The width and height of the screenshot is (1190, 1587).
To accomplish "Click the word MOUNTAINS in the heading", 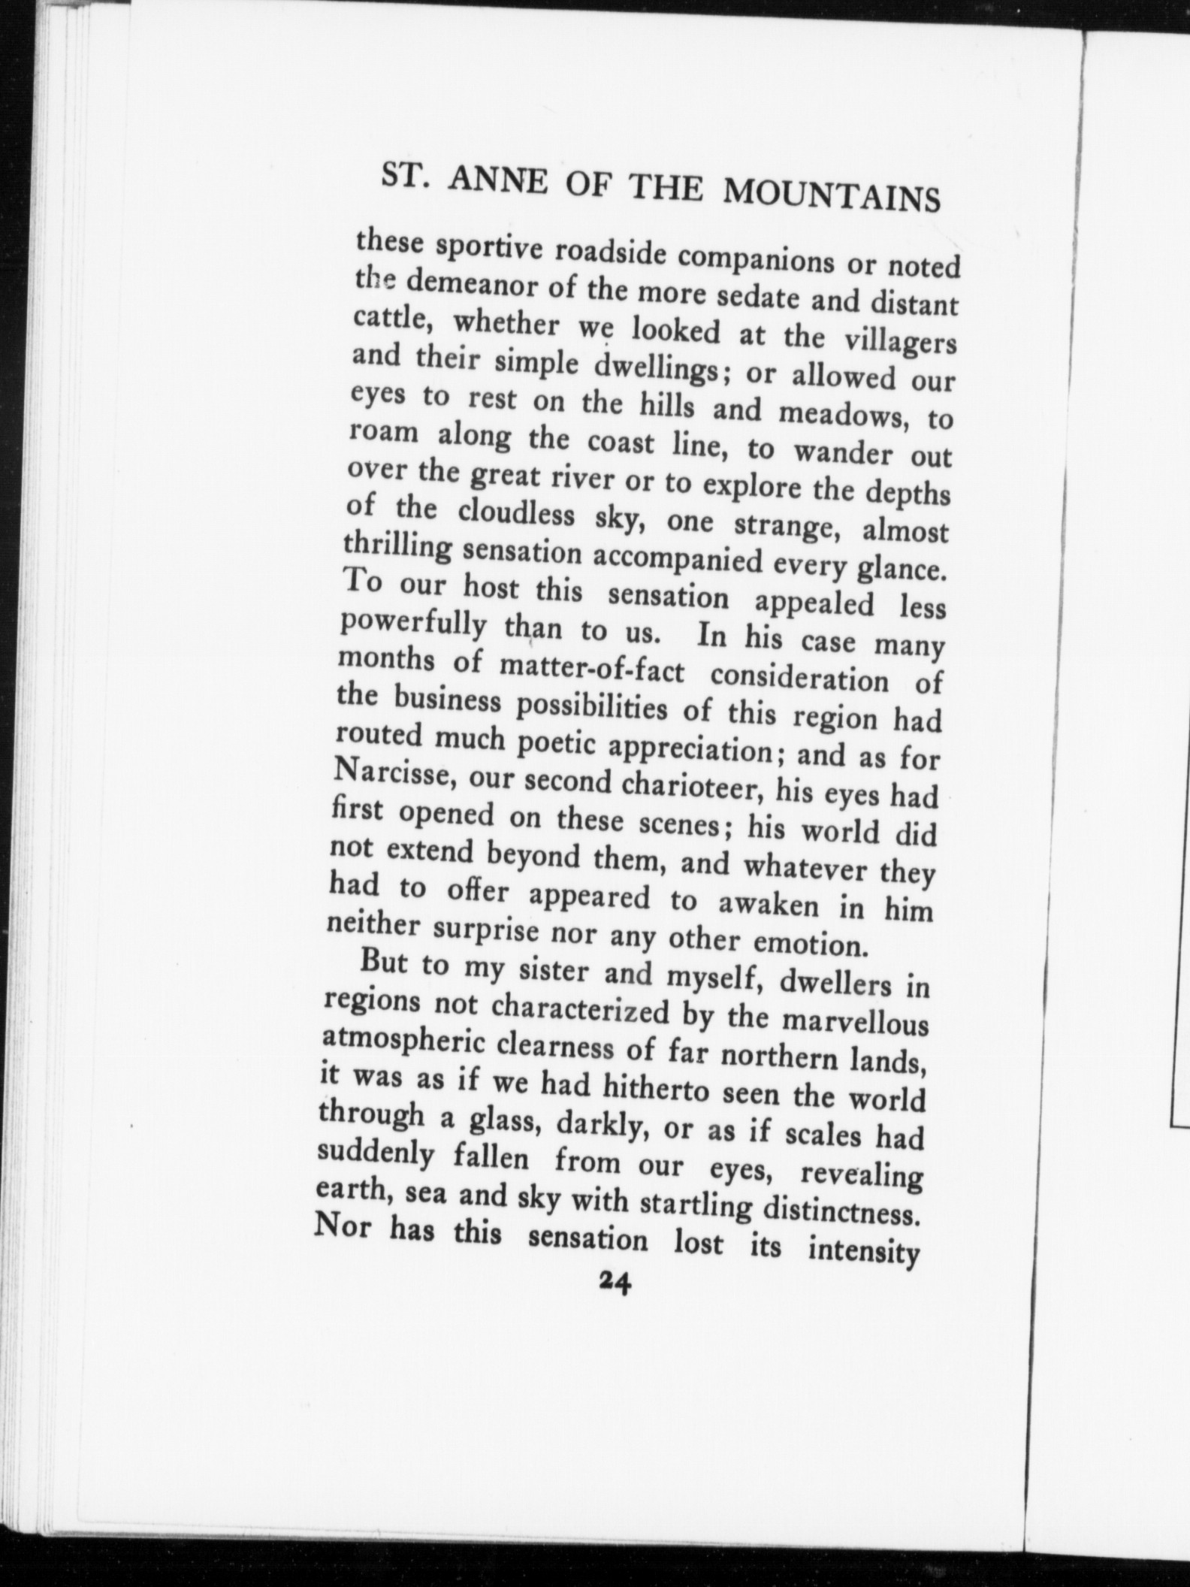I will pos(831,197).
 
